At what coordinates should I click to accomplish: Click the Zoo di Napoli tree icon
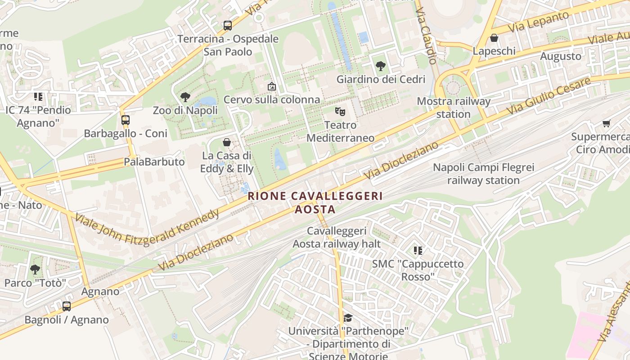pyautogui.click(x=185, y=97)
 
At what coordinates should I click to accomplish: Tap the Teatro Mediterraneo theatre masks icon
pyautogui.click(x=340, y=111)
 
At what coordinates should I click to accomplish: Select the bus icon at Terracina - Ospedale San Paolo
pyautogui.click(x=228, y=26)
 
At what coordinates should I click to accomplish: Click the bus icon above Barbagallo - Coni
pyautogui.click(x=126, y=120)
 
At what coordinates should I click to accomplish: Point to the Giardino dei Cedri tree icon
pyautogui.click(x=381, y=66)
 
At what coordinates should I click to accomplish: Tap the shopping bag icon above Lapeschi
pyautogui.click(x=494, y=38)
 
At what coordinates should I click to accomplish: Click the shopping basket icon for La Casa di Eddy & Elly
pyautogui.click(x=227, y=142)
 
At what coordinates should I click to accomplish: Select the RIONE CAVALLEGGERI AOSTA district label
pyautogui.click(x=315, y=202)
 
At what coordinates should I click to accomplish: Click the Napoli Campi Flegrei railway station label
pyautogui.click(x=483, y=174)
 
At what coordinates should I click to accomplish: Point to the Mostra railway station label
pyautogui.click(x=454, y=108)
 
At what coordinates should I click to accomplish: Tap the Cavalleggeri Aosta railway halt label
pyautogui.click(x=337, y=238)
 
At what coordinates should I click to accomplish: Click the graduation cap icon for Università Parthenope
pyautogui.click(x=348, y=318)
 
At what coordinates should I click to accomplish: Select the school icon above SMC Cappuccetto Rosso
pyautogui.click(x=418, y=250)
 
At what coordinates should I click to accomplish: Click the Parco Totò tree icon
pyautogui.click(x=35, y=270)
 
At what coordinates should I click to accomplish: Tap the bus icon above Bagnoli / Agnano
pyautogui.click(x=67, y=306)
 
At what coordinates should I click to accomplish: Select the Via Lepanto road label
pyautogui.click(x=538, y=22)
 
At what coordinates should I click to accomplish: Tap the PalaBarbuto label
pyautogui.click(x=154, y=162)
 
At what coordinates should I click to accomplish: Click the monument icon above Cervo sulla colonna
pyautogui.click(x=271, y=86)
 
